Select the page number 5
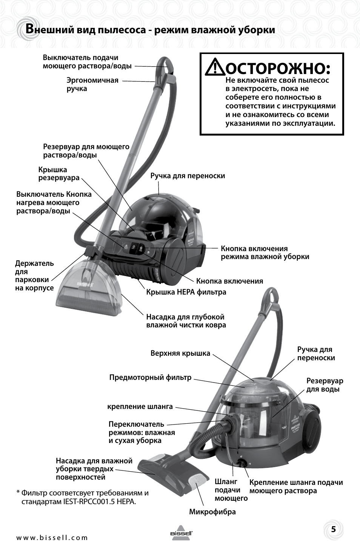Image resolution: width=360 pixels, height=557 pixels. pos(333,529)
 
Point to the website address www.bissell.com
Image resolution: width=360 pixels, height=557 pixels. pos(52,538)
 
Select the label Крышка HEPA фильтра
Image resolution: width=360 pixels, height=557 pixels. pos(186,292)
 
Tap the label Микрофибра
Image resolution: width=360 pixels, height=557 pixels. pos(212,512)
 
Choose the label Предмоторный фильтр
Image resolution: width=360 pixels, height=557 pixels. pos(150,377)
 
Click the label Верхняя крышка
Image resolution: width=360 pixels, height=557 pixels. pos(180,353)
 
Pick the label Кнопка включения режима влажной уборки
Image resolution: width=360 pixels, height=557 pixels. pos(265,253)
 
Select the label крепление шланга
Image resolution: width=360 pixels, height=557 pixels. pos(140,407)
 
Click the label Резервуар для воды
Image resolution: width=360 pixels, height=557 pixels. pos(325,385)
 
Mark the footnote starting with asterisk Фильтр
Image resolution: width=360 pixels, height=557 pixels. pos(82,497)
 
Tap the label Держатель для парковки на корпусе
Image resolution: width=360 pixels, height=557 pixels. pos(34,276)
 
